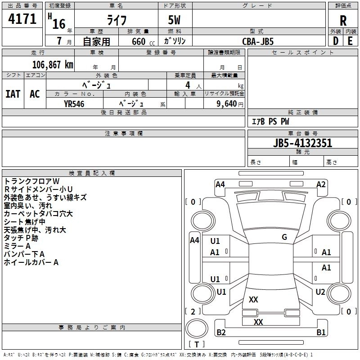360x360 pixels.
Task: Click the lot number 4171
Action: click(22, 20)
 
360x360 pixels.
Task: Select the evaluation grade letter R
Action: click(343, 20)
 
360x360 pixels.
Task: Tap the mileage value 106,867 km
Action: click(53, 64)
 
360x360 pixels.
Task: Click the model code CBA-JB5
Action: click(257, 41)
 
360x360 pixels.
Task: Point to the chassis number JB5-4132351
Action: click(302, 143)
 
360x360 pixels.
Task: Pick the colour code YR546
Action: click(74, 103)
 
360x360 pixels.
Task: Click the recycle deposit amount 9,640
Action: click(224, 103)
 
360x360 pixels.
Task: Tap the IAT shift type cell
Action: click(13, 94)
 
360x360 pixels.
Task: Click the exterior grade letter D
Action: click(335, 41)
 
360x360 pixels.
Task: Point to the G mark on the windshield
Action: click(284, 237)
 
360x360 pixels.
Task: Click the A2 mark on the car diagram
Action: click(321, 184)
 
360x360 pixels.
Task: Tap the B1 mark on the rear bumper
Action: click(321, 333)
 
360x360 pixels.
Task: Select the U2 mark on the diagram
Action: click(320, 292)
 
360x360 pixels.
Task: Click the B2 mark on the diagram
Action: click(221, 333)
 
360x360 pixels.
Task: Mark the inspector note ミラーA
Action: click(17, 246)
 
